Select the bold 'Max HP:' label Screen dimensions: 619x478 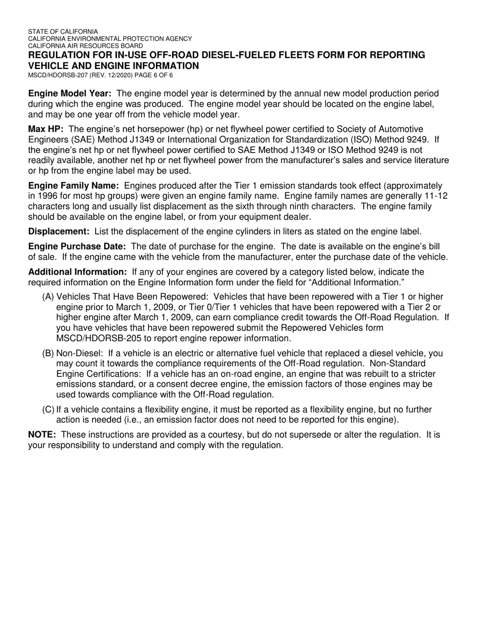click(46, 129)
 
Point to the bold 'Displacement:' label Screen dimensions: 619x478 click(59, 231)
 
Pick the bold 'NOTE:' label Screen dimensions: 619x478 click(42, 434)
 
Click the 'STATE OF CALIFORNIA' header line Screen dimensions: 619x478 click(63, 31)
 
